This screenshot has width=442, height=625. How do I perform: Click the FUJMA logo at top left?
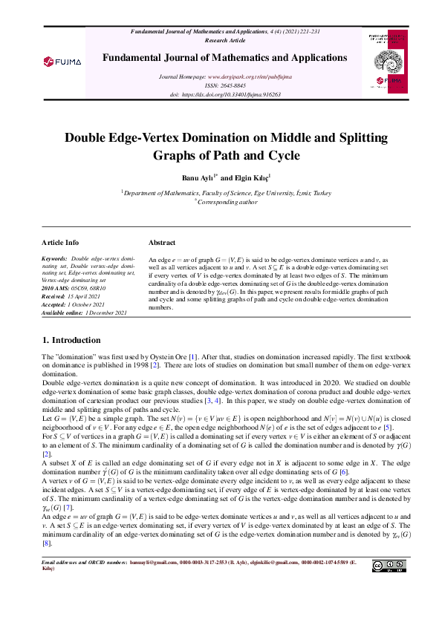[x=62, y=61]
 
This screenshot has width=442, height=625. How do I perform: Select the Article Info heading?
[x=61, y=243]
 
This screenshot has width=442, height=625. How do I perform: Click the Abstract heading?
[x=162, y=243]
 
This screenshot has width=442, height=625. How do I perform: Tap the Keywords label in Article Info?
[x=54, y=259]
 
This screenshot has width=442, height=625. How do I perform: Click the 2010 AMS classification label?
[x=56, y=288]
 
